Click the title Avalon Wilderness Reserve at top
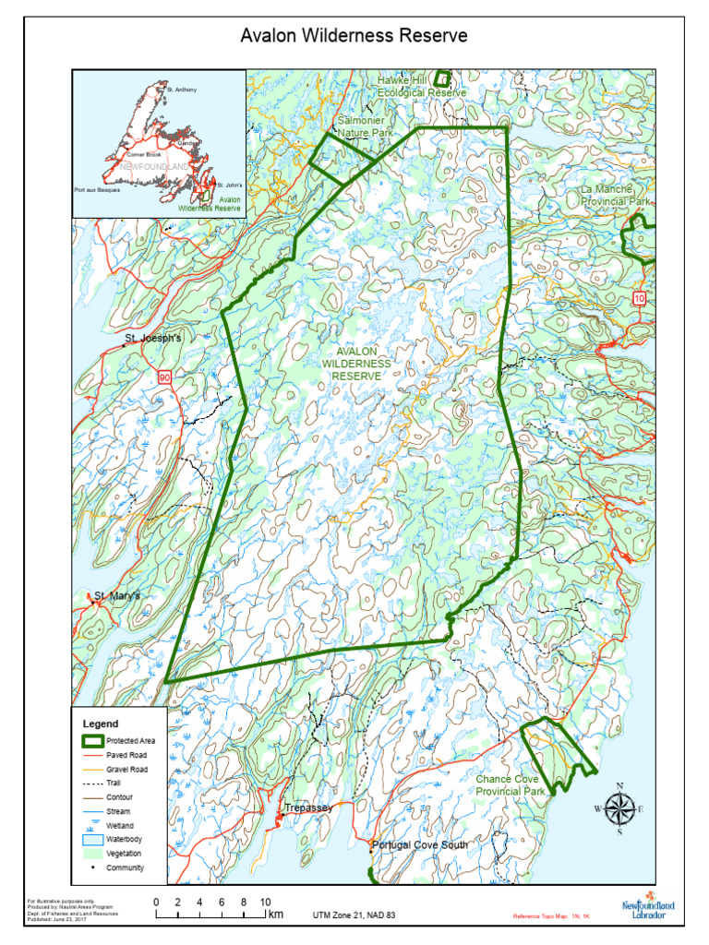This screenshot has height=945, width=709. coord(354,36)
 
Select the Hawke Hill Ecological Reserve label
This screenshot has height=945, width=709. coord(421,87)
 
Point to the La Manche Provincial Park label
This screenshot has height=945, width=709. coord(616,195)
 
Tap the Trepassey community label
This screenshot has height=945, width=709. coord(307,807)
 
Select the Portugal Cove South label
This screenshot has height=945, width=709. coord(420,845)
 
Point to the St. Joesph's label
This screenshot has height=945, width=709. coord(154,339)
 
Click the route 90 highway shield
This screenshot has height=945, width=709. coord(164,377)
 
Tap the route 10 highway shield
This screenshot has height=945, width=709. coord(639,297)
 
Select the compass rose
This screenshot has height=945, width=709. coord(619,809)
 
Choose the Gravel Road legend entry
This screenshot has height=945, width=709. coord(126,769)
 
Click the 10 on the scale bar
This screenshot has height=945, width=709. coord(264,902)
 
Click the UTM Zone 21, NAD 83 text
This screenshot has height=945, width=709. coord(354,915)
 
